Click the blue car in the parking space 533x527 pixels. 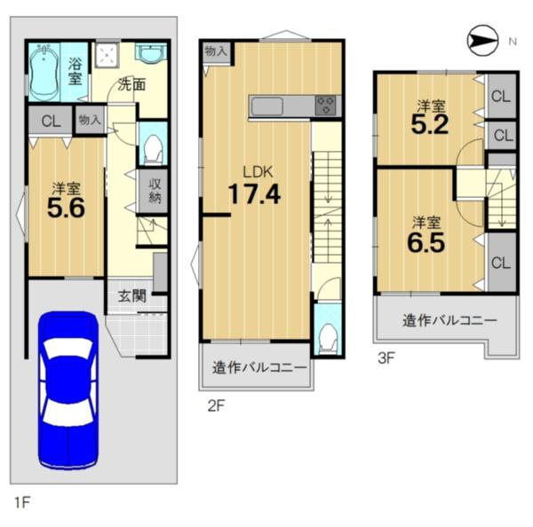68,389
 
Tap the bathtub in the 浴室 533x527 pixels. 44,71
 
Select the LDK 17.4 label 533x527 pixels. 255,186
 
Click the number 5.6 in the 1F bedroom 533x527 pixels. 66,208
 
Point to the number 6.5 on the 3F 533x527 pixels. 426,243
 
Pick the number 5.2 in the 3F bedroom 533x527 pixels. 430,125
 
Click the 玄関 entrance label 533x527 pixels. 132,296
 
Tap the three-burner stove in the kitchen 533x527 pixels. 325,106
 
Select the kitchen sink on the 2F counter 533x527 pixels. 266,106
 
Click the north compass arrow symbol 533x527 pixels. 482,41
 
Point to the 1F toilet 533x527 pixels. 153,150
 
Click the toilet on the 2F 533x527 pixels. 327,338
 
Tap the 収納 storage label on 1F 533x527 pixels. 155,191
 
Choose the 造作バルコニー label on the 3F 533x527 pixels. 449,320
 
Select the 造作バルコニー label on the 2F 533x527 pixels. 259,367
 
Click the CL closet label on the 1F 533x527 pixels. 51,122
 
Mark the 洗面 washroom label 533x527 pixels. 131,84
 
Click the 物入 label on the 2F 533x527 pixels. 216,51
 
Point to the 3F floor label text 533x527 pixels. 386,358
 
